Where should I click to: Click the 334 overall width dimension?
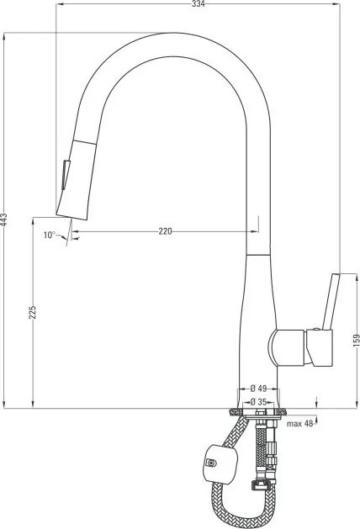tap(198, 4)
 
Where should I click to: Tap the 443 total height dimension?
tap(4, 220)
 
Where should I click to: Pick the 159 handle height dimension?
tap(356, 340)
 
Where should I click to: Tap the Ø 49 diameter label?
tap(258, 388)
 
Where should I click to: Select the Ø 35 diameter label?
tap(258, 402)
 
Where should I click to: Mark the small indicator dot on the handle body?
tap(317, 327)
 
